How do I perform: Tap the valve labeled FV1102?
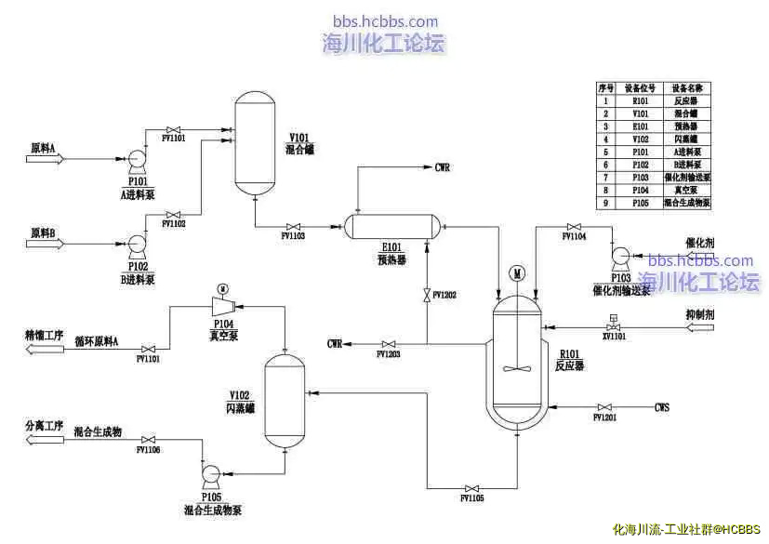172,213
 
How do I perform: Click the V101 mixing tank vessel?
255,140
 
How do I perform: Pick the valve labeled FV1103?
294,226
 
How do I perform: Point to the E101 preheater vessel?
391,226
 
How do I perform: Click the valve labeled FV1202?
427,295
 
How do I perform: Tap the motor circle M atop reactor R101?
517,274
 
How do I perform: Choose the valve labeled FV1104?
574,226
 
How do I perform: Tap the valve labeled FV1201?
605,407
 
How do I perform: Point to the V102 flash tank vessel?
286,401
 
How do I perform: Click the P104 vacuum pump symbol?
221,306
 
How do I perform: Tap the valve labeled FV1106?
148,439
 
